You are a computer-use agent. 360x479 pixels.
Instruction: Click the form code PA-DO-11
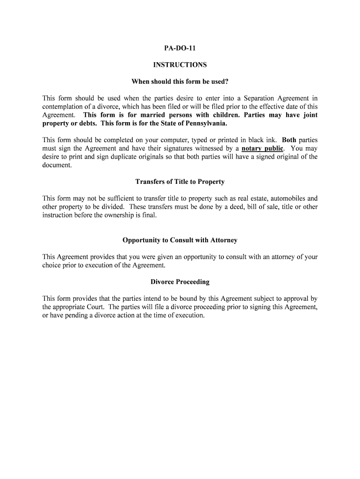tap(180, 48)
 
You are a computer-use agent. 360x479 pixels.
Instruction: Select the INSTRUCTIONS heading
tap(180, 65)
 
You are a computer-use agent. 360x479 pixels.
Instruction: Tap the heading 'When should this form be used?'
tap(180, 81)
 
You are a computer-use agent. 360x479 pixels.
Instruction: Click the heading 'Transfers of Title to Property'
tap(180, 181)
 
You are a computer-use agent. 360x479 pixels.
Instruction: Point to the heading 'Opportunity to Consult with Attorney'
tap(180, 240)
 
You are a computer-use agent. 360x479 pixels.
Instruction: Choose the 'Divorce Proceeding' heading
tap(180, 282)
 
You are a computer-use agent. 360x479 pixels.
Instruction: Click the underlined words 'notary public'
tap(262, 148)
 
